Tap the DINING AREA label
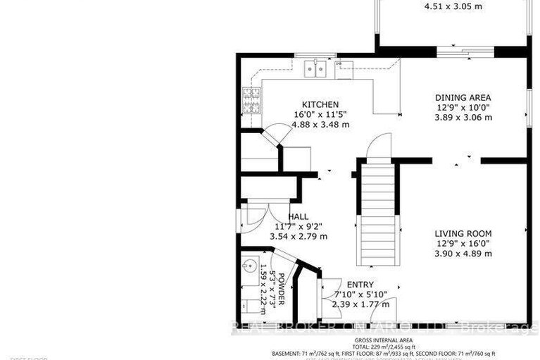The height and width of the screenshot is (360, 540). (x=462, y=98)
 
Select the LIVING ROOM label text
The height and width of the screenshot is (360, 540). (x=462, y=233)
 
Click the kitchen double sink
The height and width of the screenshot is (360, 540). (x=315, y=68)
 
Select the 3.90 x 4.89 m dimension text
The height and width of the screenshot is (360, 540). (x=462, y=254)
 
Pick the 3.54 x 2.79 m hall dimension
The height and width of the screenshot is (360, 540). (x=299, y=237)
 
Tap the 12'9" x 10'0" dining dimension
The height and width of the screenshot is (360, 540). (x=462, y=108)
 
